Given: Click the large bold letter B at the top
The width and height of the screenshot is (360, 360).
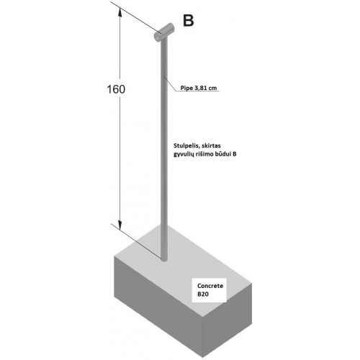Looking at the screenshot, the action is click(x=188, y=20).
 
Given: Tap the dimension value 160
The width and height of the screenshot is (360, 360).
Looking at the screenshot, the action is click(x=116, y=89).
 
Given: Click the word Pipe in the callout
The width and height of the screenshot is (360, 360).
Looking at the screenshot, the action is click(x=186, y=88).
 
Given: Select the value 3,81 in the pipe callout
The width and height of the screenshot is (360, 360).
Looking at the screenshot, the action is click(x=200, y=88).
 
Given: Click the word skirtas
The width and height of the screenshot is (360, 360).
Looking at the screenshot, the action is click(x=211, y=145).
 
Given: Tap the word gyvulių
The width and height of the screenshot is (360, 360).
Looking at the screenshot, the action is click(x=184, y=154).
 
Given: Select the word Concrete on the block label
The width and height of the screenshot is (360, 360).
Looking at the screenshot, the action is click(x=210, y=286).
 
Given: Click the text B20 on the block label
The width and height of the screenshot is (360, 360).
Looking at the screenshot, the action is click(x=203, y=294).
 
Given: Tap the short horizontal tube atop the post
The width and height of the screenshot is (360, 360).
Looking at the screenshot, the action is click(x=164, y=32).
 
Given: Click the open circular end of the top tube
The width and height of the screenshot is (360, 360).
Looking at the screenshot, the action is click(x=158, y=37).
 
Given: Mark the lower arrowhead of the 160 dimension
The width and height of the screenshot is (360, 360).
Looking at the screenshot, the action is click(x=120, y=225).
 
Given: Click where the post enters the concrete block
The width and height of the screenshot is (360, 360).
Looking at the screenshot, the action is click(x=164, y=259).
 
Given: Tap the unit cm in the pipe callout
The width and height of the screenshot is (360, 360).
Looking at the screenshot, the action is click(x=212, y=89).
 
